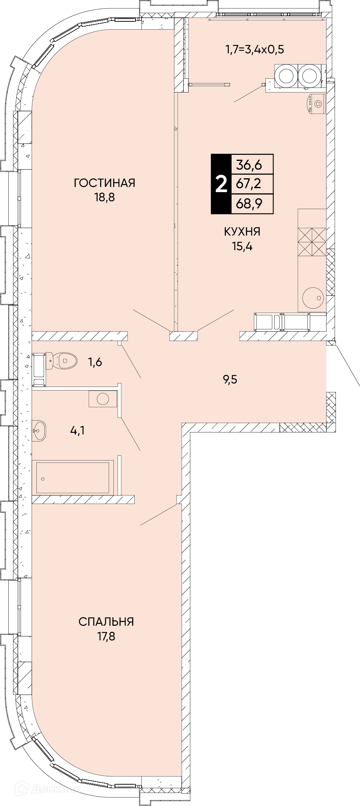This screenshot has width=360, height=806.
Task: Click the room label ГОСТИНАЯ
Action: [104, 183]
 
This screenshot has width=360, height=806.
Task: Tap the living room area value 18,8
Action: [104, 197]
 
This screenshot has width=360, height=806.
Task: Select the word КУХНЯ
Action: [242, 232]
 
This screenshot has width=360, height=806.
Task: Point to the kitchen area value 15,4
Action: [242, 246]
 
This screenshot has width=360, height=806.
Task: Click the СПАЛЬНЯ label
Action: [106, 622]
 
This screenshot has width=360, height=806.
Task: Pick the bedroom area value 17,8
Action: [106, 636]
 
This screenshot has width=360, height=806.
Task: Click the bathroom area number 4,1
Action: [77, 430]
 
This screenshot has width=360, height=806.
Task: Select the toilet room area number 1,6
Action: [94, 362]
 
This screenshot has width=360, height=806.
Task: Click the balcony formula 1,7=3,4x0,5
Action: [255, 50]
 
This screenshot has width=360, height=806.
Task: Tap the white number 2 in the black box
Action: [221, 184]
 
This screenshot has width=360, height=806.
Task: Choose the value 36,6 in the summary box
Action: [249, 164]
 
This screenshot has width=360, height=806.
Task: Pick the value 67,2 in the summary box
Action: [249, 184]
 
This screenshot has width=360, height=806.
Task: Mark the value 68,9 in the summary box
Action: [249, 204]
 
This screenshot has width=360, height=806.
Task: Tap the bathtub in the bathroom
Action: [73, 477]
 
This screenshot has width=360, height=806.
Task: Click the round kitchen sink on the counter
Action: [313, 297]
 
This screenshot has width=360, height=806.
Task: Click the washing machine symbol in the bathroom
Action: [103, 398]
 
